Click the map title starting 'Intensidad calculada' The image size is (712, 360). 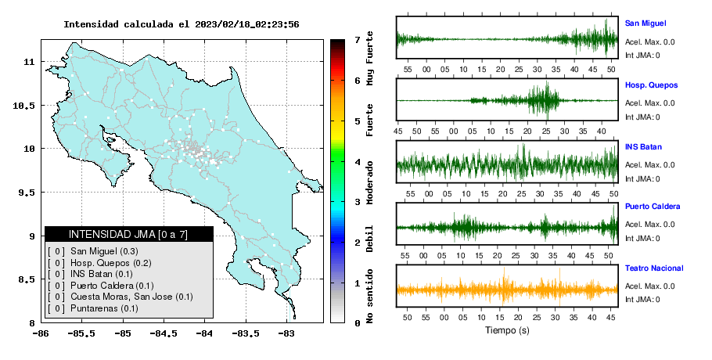pos(182,24)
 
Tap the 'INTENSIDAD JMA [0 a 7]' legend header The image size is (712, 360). pos(128,234)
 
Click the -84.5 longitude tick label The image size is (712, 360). pos(164,334)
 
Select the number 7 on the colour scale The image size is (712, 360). pos(358,40)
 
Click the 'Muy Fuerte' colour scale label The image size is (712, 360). pos(369,58)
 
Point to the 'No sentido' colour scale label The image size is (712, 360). pos(369,296)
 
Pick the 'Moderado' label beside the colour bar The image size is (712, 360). pos(369,182)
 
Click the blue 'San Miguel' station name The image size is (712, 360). pos(645,23)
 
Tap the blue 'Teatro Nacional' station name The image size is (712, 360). pos(654,268)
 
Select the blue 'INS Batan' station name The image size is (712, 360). pos(643,147)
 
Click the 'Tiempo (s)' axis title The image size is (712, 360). pos(507,330)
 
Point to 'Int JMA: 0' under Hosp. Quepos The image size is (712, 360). pos(642,117)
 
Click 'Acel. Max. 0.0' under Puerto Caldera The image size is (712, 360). pos(649,225)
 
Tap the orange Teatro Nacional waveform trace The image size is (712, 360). pos(507,290)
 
